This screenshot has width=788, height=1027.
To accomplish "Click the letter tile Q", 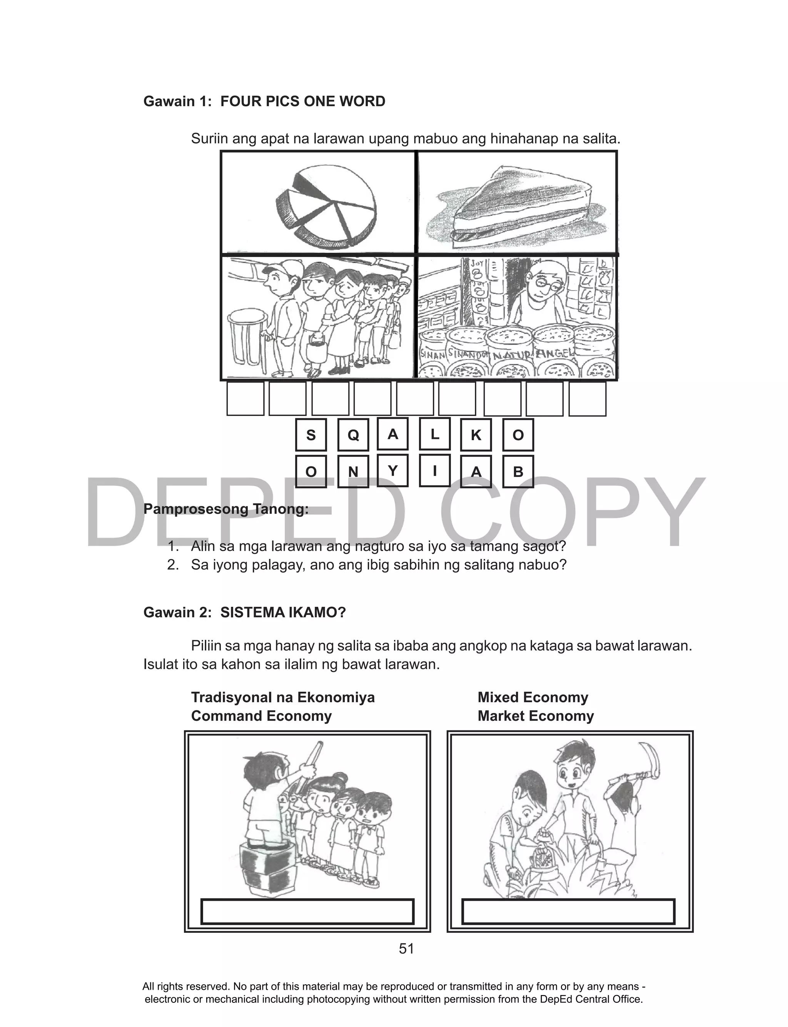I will click(353, 435).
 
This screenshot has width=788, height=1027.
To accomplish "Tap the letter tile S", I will click(311, 435).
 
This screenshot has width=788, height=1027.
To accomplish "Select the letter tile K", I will click(476, 435).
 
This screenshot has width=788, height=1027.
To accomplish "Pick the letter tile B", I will click(518, 471).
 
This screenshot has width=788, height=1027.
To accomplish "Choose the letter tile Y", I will click(392, 470).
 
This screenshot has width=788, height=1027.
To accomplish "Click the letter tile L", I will click(435, 434).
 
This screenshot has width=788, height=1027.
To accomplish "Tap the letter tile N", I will click(353, 471).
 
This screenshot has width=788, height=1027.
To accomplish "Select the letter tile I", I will click(435, 470).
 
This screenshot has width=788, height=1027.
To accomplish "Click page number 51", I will click(406, 949).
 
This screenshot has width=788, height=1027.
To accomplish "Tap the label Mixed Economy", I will click(533, 697).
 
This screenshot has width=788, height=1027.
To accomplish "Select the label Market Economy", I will click(535, 716).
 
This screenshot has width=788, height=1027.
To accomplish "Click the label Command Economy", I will click(261, 716).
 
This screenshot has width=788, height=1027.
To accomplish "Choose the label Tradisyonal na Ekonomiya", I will click(283, 697).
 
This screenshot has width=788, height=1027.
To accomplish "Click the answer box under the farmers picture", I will click(568, 912).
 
